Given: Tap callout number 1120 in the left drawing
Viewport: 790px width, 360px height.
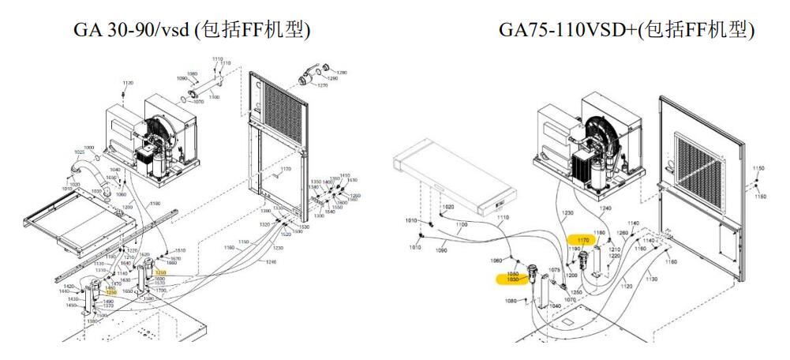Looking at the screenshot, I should point(128,83).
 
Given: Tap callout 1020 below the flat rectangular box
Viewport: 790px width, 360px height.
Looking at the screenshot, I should point(448,207).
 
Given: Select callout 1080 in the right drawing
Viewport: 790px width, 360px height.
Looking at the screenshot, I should point(511,301).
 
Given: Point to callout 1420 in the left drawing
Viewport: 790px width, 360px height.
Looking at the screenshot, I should point(69,287).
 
